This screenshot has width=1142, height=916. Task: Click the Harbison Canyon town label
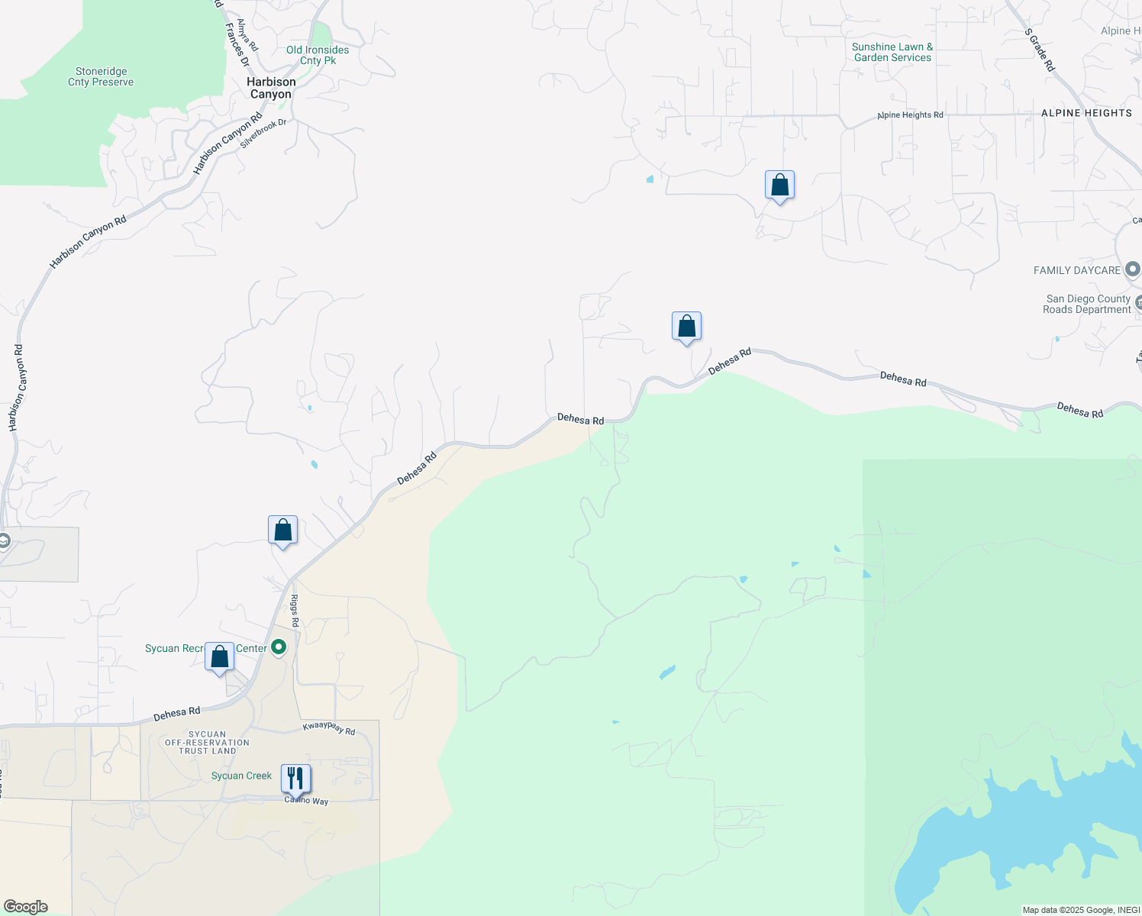click(x=271, y=88)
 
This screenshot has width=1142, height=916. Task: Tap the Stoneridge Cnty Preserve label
click(x=101, y=77)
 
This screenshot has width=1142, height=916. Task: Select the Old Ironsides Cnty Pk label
click(x=318, y=55)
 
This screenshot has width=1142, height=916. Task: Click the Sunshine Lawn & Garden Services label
click(x=892, y=52)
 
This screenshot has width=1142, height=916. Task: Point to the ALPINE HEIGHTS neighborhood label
click(x=1086, y=113)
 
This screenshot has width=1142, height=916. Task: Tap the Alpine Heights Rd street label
click(x=910, y=115)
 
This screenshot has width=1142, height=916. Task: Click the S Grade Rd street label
click(x=1040, y=50)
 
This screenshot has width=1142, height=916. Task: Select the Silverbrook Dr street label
click(x=263, y=133)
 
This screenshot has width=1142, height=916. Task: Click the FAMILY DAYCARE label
click(x=1077, y=270)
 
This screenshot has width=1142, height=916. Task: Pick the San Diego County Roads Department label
click(x=1088, y=304)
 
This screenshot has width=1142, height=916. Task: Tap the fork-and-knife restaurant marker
click(x=295, y=779)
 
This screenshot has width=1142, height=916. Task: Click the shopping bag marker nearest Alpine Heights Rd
click(x=779, y=185)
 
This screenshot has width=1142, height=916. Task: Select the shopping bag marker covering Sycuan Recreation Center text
click(x=219, y=657)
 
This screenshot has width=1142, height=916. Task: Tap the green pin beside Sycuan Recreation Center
click(x=279, y=647)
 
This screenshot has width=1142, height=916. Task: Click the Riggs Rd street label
click(x=295, y=611)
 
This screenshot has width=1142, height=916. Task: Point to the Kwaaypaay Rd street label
click(x=329, y=728)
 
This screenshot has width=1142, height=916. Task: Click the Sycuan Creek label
click(x=241, y=776)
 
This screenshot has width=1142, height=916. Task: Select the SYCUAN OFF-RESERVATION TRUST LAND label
click(x=207, y=743)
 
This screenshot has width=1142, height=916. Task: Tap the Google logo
click(x=25, y=907)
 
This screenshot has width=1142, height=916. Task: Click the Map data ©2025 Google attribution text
click(x=1081, y=910)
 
